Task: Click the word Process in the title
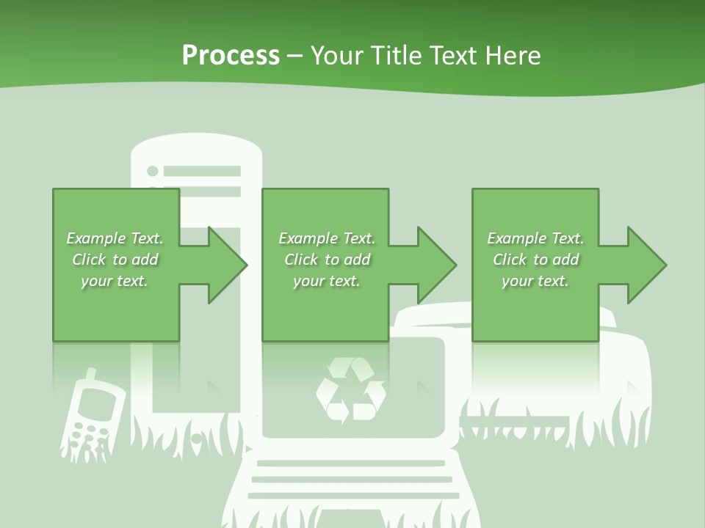click(231, 56)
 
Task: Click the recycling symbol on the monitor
click(350, 390)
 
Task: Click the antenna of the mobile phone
click(90, 375)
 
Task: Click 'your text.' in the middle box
click(326, 281)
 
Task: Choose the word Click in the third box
click(510, 260)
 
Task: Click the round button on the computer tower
click(153, 171)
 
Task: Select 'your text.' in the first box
click(114, 281)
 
